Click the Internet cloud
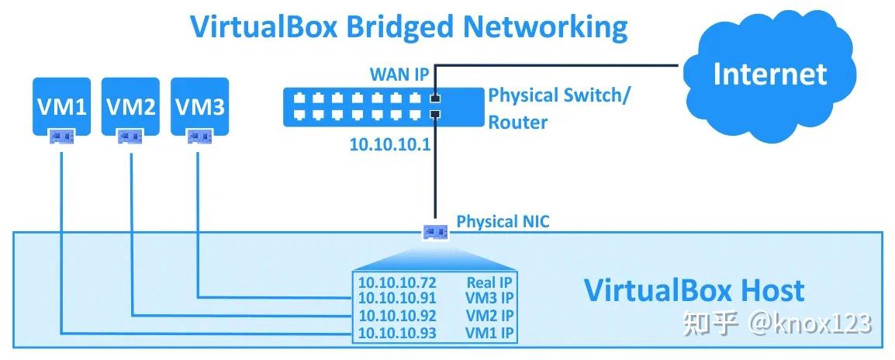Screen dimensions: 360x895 pos(769,74)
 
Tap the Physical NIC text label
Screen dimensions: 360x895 pos(503,222)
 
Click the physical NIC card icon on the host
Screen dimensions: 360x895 pos(434,232)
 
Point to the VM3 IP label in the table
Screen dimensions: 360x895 pos(489,299)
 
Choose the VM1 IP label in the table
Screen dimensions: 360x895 pos(489,334)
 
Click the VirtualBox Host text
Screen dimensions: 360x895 pos(693,290)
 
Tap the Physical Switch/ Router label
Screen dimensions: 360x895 pos(558,109)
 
